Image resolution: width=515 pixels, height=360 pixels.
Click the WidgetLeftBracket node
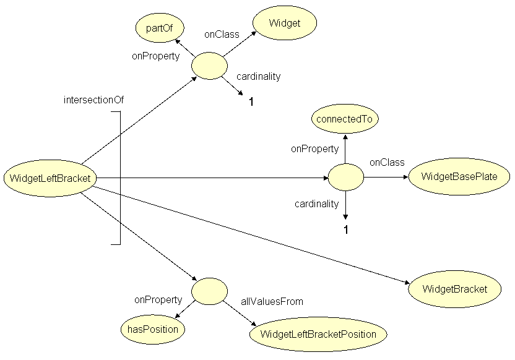tap(50, 179)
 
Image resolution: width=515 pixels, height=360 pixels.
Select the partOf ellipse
tap(160, 28)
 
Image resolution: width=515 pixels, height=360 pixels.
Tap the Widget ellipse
tap(284, 24)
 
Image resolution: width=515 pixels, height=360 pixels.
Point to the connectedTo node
tap(345, 119)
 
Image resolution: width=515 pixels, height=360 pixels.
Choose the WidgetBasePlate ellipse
tap(459, 177)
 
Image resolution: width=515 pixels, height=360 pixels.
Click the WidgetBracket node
tap(454, 289)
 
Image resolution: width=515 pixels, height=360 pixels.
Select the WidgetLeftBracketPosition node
tap(318, 334)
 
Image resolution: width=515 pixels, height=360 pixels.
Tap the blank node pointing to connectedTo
tap(345, 178)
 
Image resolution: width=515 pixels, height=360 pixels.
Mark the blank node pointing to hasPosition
tap(209, 291)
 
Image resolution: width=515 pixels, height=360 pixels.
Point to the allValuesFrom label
tap(272, 302)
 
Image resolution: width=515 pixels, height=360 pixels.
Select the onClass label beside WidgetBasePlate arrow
tap(387, 163)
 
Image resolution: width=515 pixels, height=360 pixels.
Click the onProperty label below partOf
tap(155, 56)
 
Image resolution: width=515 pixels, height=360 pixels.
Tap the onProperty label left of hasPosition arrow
tap(158, 300)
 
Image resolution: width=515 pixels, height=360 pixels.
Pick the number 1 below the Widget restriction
tap(251, 102)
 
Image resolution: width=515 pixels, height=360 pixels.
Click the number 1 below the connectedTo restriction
tap(346, 230)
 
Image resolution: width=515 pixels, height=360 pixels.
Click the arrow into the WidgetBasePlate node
tap(386, 178)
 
